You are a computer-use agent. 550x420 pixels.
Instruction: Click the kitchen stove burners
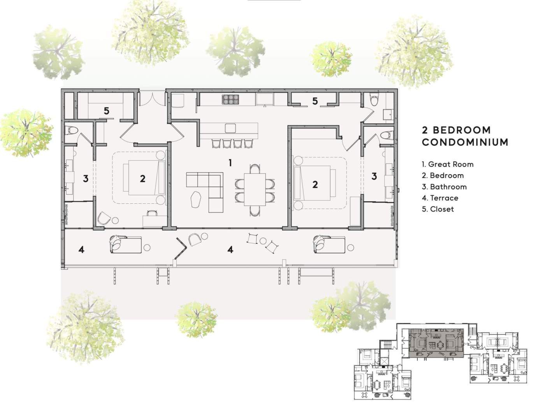(x=230, y=99)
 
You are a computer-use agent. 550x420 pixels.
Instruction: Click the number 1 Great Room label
(x=230, y=163)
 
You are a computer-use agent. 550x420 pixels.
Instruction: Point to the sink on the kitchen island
(x=230, y=128)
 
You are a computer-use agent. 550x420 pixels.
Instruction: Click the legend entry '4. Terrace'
(x=440, y=198)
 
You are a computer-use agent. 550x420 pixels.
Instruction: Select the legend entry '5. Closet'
(x=438, y=209)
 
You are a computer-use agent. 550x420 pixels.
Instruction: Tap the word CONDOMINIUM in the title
(x=465, y=142)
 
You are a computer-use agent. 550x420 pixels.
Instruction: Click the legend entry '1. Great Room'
(x=448, y=164)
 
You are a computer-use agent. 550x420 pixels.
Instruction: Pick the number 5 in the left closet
(x=107, y=110)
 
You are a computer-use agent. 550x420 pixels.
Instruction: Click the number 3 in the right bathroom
(x=374, y=176)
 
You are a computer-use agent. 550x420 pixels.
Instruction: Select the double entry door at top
(x=152, y=99)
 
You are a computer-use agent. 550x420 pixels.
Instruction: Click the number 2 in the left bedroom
(x=142, y=178)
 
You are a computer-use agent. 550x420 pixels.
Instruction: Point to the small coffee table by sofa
(x=196, y=199)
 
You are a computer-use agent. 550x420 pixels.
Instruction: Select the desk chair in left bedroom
(x=151, y=213)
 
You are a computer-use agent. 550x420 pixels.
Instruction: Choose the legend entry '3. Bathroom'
(x=444, y=187)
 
